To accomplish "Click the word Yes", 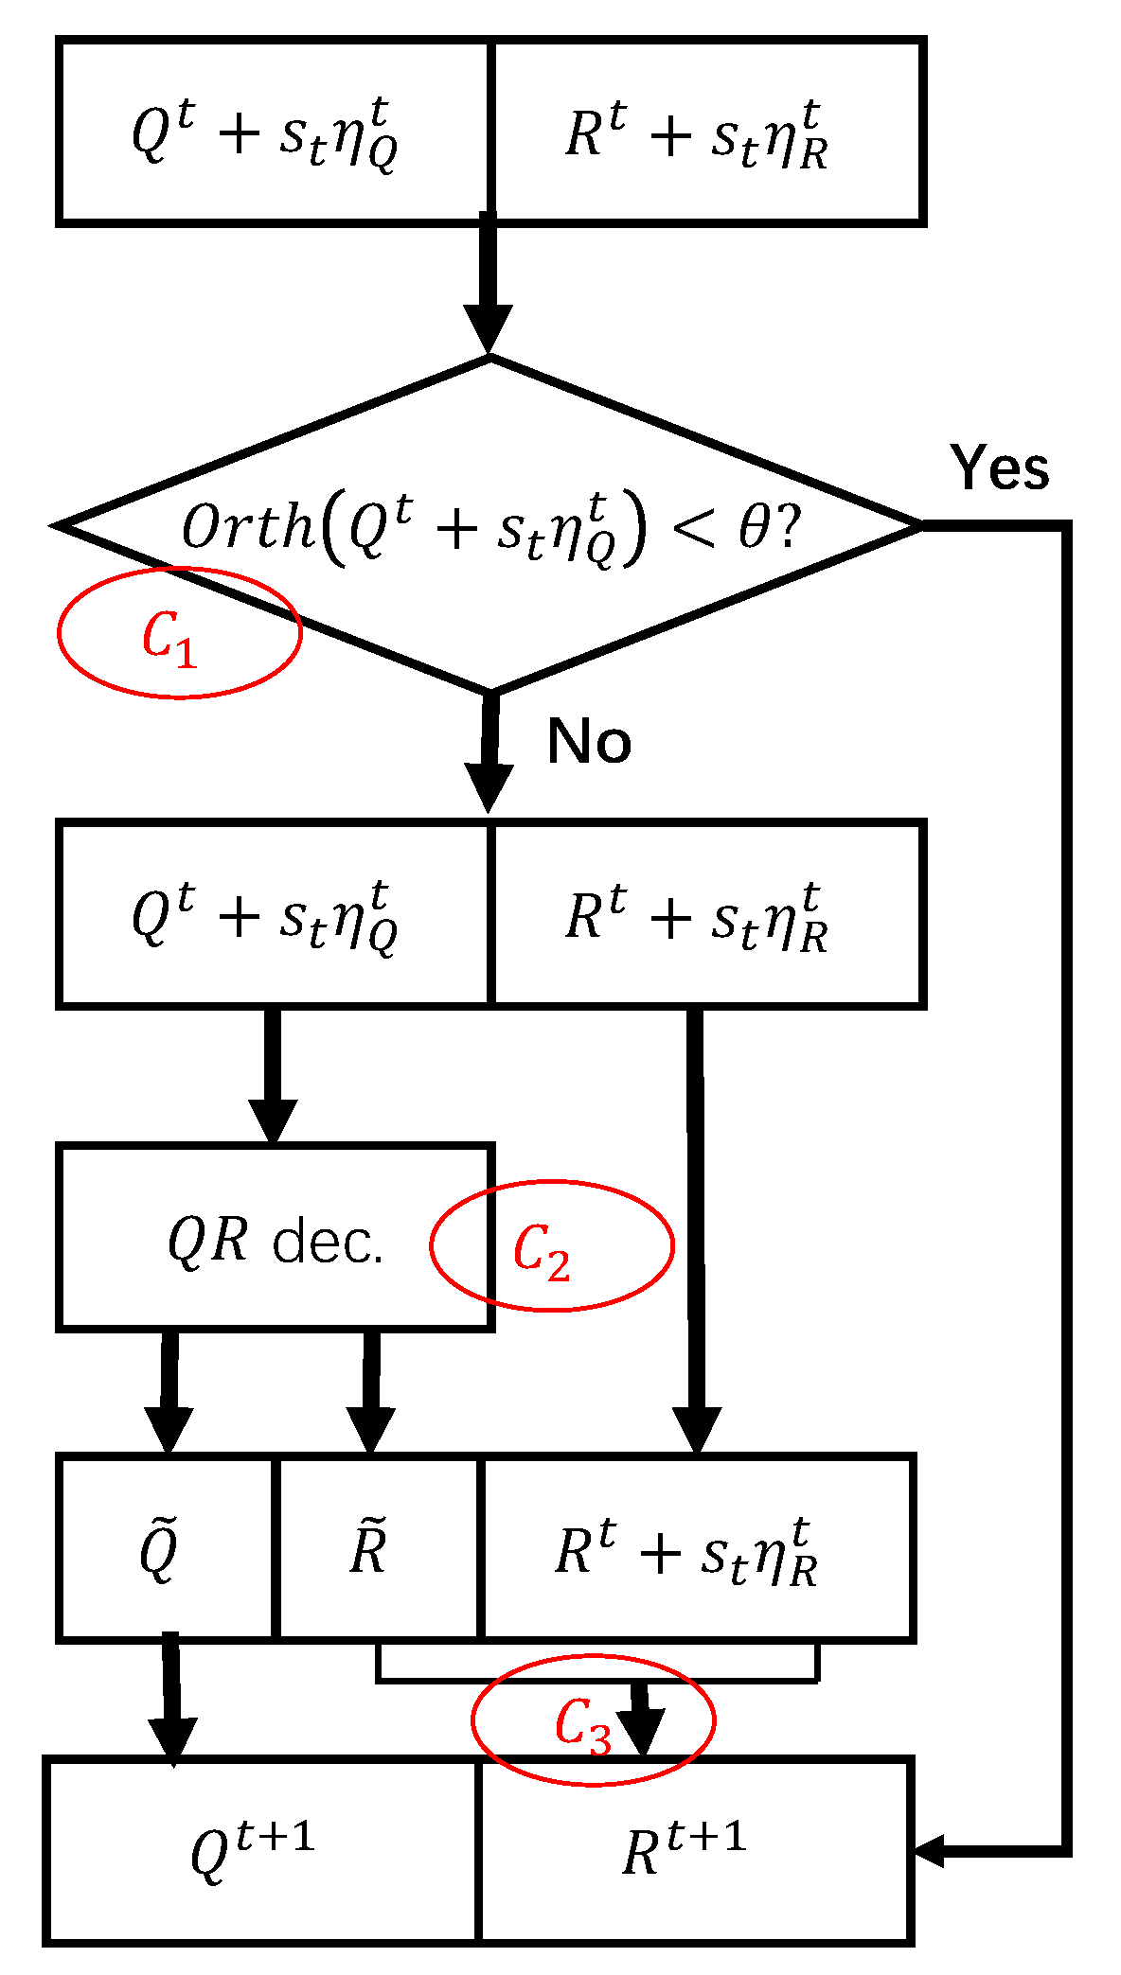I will [1000, 467].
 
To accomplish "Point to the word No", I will [589, 741].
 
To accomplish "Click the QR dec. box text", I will [276, 1241].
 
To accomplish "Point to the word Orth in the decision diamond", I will [246, 527].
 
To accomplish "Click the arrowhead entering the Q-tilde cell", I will [169, 1430].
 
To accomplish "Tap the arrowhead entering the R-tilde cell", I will [371, 1430].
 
